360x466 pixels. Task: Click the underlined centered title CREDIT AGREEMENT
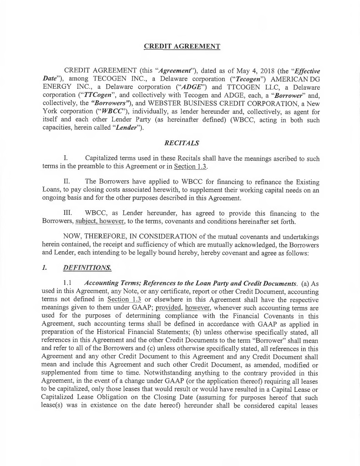pyautogui.click(x=182, y=46)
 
